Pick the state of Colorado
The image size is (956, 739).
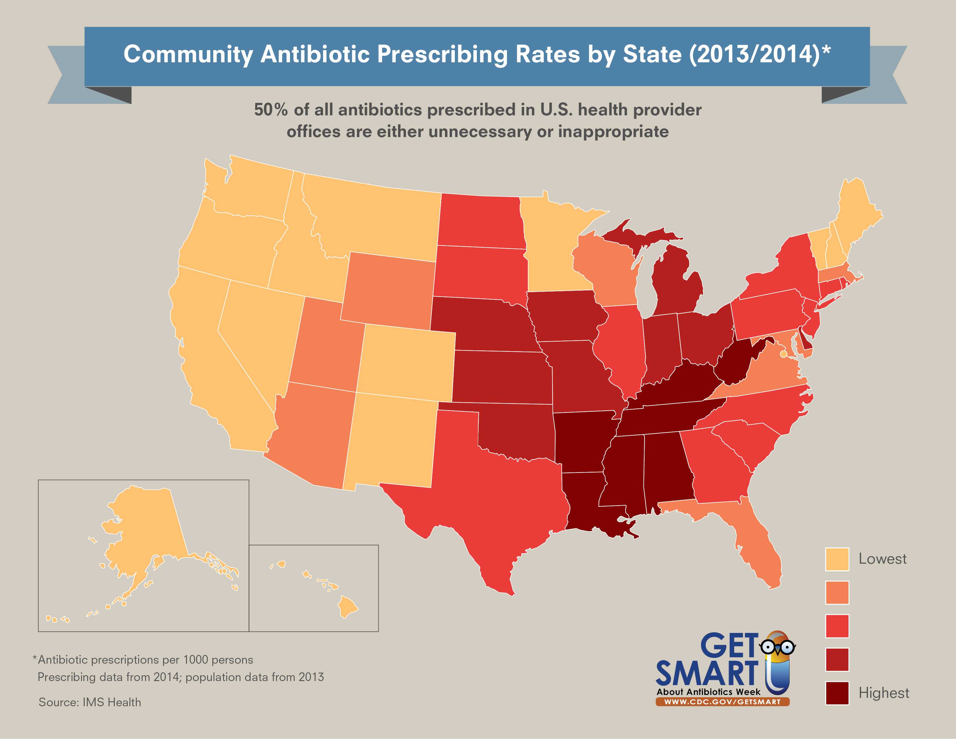(407, 363)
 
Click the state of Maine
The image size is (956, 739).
(856, 214)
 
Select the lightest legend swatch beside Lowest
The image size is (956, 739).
(837, 559)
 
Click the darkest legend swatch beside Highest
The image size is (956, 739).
(837, 693)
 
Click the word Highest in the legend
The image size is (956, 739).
(883, 693)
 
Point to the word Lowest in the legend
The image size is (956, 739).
(882, 559)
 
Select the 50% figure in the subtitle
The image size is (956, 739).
(271, 110)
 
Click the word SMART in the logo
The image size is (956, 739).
(707, 673)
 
